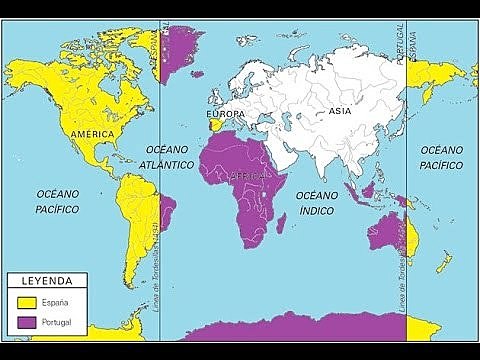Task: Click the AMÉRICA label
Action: coord(91,132)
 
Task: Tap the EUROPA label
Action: coord(223,114)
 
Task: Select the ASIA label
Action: coord(338,113)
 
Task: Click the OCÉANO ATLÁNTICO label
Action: coord(165,156)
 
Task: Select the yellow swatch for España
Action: coord(26,300)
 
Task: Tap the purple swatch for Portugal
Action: coord(26,321)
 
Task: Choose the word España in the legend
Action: coord(58,300)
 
